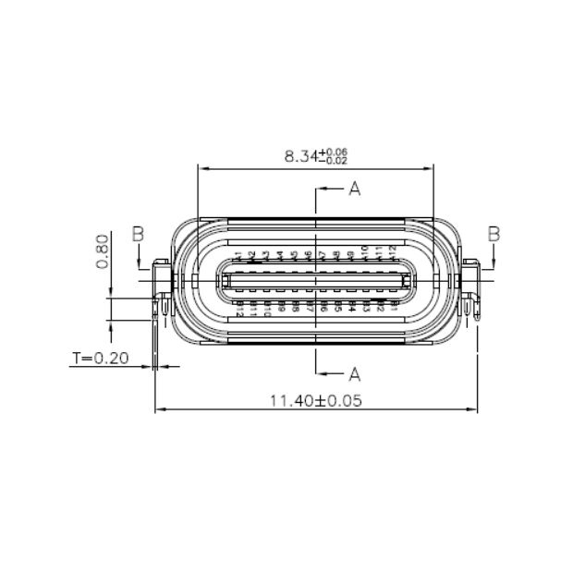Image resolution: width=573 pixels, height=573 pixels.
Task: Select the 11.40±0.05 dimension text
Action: [x=314, y=401]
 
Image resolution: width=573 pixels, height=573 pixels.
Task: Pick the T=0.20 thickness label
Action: [x=99, y=357]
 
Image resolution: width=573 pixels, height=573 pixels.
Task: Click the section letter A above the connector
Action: [x=353, y=190]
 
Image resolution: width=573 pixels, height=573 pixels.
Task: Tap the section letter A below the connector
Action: [x=353, y=373]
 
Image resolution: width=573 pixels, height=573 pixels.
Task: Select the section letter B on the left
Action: [x=137, y=235]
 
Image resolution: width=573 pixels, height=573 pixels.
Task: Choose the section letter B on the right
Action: [x=494, y=235]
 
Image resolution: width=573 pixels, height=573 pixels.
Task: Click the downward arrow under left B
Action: [x=137, y=264]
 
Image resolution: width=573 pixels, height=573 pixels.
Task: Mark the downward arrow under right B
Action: [x=494, y=264]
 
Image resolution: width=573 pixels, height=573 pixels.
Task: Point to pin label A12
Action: [x=392, y=251]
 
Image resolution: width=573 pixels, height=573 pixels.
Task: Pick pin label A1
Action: [x=238, y=255]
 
